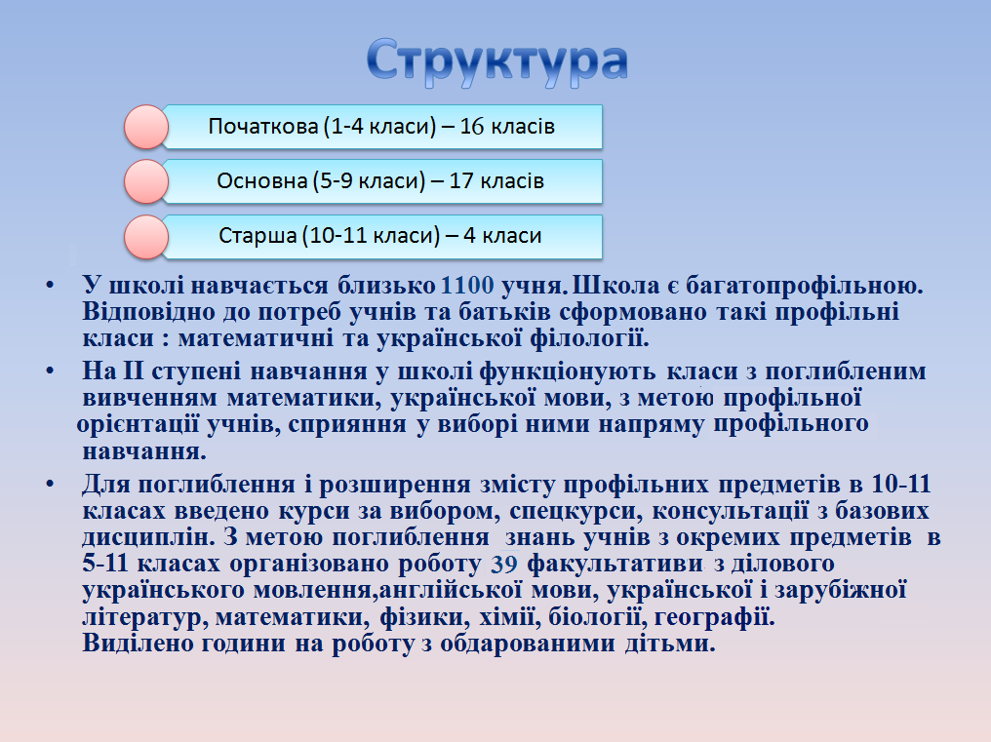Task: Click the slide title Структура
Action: pyautogui.click(x=496, y=61)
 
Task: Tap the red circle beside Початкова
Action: pyautogui.click(x=146, y=127)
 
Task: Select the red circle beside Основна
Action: pyautogui.click(x=146, y=181)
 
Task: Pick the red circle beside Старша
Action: pyautogui.click(x=146, y=236)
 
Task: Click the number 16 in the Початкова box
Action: pyautogui.click(x=471, y=127)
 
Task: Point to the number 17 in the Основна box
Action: pyautogui.click(x=460, y=181)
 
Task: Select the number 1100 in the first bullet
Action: pyautogui.click(x=467, y=286)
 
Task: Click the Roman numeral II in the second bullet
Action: pyautogui.click(x=133, y=371)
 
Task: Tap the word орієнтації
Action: pyautogui.click(x=138, y=424)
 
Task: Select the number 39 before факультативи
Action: pyautogui.click(x=504, y=564)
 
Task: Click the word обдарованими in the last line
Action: pyautogui.click(x=527, y=644)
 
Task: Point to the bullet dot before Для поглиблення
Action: pyautogui.click(x=50, y=485)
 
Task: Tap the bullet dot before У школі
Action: pyautogui.click(x=50, y=286)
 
